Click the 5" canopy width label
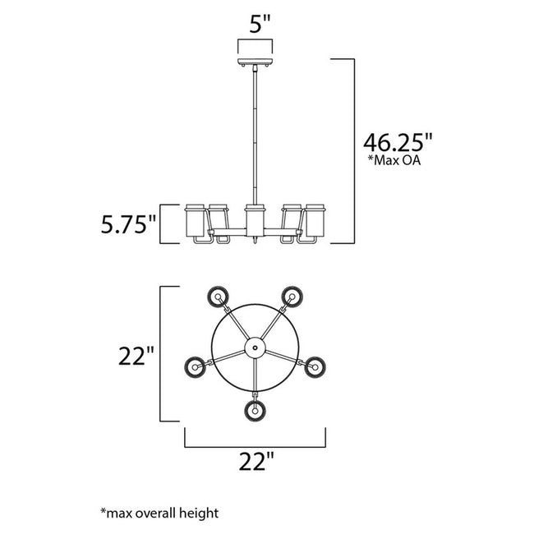point(260,24)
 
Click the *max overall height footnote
point(159,513)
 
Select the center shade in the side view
point(255,218)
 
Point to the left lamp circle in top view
point(196,366)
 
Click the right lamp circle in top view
point(314,366)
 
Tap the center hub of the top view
point(255,349)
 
